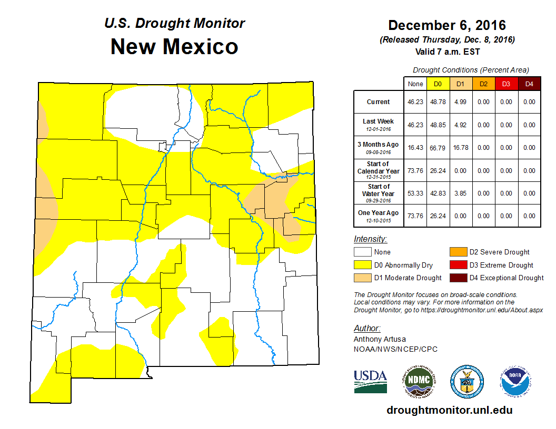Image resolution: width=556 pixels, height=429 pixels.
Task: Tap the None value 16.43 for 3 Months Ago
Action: pyautogui.click(x=415, y=148)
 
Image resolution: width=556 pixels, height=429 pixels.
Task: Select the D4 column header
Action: pyautogui.click(x=529, y=84)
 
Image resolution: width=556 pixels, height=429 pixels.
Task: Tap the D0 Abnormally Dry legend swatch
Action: pyautogui.click(x=362, y=265)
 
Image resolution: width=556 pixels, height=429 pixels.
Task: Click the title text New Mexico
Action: pyautogui.click(x=174, y=47)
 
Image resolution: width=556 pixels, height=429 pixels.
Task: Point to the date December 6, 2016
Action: pyautogui.click(x=447, y=25)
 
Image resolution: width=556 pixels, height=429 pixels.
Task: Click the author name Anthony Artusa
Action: pyautogui.click(x=380, y=339)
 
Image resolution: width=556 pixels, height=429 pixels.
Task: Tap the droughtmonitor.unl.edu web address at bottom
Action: pyautogui.click(x=449, y=410)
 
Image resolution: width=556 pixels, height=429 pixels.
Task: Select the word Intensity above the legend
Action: pyautogui.click(x=370, y=239)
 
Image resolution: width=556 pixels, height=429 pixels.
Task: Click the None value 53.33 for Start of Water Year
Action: pyautogui.click(x=415, y=193)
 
